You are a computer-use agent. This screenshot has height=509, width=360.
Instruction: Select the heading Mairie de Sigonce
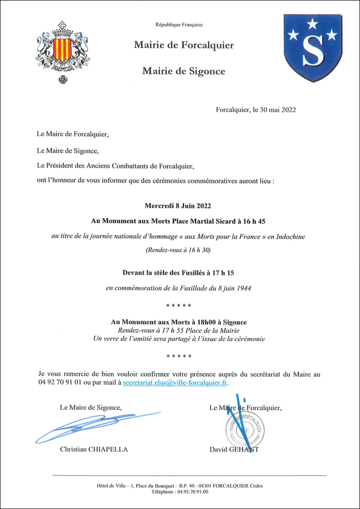[x=184, y=71]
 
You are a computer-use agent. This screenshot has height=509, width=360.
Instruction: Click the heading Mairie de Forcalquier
[x=184, y=45]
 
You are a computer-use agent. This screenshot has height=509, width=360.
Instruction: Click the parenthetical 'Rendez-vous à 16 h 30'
[x=179, y=250]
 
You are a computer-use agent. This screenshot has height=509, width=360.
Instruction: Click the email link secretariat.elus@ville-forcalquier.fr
[x=175, y=383]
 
